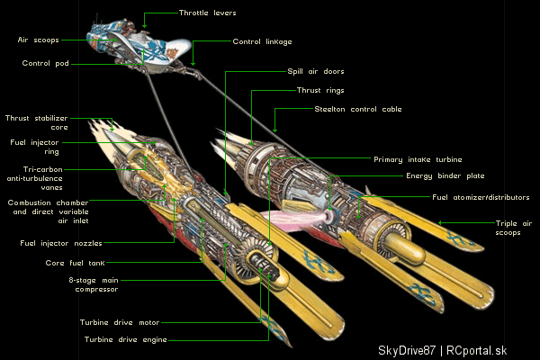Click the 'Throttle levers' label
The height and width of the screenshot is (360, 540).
coord(207,13)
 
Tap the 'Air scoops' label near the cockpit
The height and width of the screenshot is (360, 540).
coord(38,40)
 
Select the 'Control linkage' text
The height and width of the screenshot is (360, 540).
coord(262,41)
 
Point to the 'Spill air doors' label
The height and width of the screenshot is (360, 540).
coord(316,71)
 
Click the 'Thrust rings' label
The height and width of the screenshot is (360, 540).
coord(320,90)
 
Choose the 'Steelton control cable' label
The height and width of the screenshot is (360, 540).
coord(358,109)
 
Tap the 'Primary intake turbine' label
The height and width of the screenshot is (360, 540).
coord(418,159)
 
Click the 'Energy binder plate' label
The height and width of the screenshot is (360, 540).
coord(445,176)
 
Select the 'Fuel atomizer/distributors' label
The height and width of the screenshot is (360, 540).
coord(481,197)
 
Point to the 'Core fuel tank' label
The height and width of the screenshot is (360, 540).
coord(75,263)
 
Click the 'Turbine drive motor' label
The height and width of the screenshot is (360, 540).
coord(120,322)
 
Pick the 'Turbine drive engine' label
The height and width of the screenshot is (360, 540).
coord(126,339)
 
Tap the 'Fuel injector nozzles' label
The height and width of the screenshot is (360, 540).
coord(61,243)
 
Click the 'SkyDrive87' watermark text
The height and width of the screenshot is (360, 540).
coord(407,350)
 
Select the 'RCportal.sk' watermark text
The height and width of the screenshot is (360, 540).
coord(477,350)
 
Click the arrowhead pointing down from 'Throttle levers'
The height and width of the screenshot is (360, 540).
coord(144,25)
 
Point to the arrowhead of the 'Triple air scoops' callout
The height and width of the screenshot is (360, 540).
coord(440,223)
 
